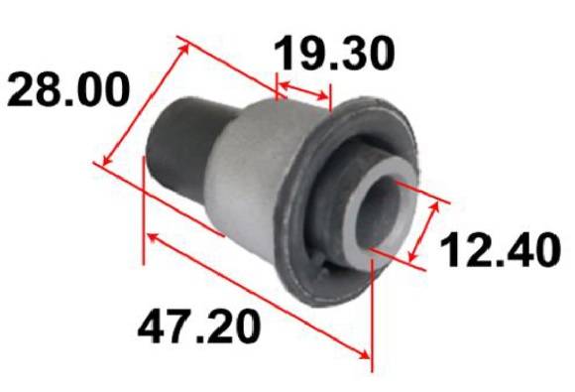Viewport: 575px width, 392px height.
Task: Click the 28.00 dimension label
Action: [x=68, y=89]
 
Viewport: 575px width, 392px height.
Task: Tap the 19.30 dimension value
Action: [x=335, y=53]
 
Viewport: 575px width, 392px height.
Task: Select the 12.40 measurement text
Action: [x=501, y=250]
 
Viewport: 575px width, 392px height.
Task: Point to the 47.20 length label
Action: [x=199, y=326]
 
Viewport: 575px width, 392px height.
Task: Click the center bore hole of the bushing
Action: [x=379, y=212]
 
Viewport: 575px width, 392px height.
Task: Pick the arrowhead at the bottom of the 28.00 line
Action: [x=107, y=160]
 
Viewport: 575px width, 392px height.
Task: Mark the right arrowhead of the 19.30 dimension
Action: [x=323, y=96]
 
